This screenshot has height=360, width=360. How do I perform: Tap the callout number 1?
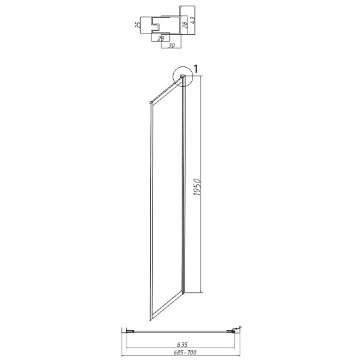pyautogui.click(x=196, y=68)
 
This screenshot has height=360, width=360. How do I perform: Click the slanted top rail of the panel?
pyautogui.click(x=164, y=89)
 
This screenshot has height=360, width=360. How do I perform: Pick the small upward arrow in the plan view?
pyautogui.click(x=240, y=328)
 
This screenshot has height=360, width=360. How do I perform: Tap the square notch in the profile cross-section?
pyautogui.click(x=158, y=25)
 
